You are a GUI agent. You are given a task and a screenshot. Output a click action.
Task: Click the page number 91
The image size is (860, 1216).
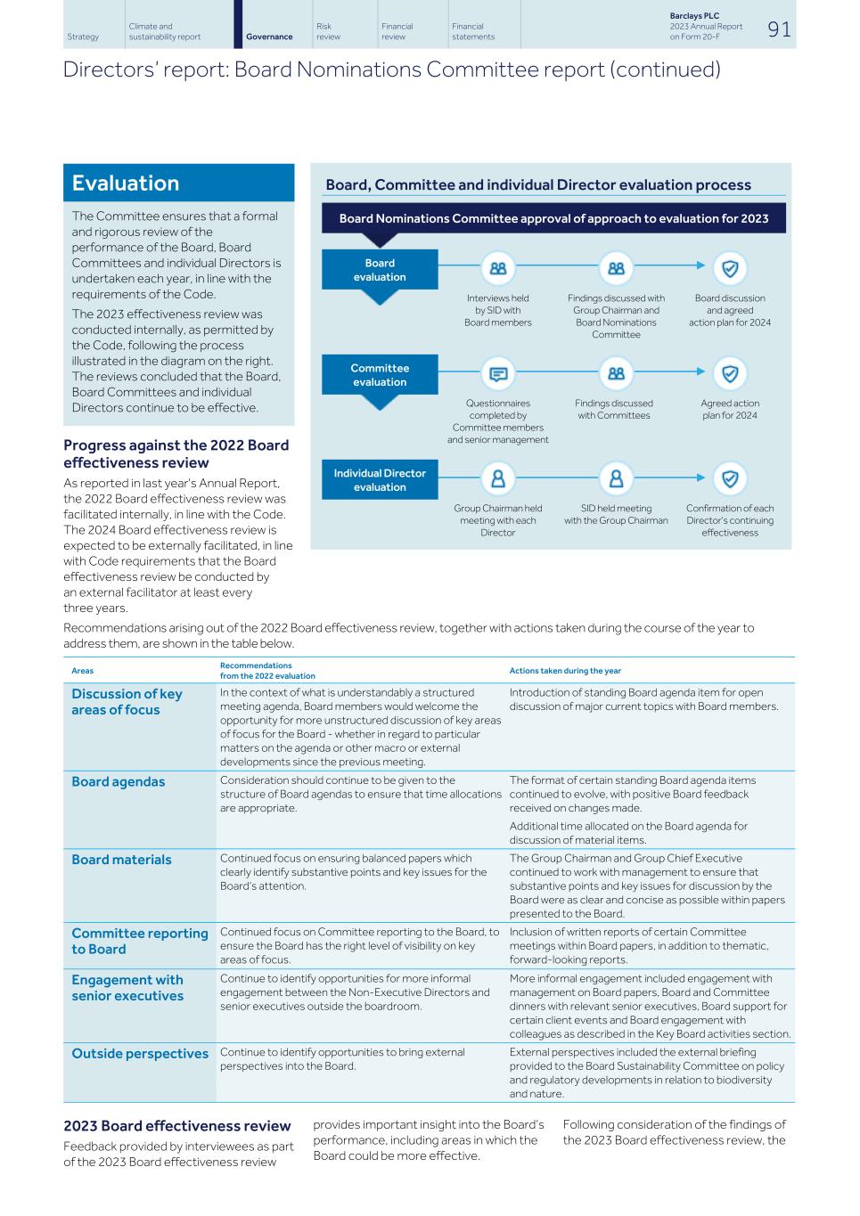pos(778,29)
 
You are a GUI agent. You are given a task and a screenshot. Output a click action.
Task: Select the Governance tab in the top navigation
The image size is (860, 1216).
pos(269,37)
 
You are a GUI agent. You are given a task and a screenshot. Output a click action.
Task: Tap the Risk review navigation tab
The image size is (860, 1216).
pos(328,31)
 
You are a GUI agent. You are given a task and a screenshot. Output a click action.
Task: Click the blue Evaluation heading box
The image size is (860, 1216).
pos(178,184)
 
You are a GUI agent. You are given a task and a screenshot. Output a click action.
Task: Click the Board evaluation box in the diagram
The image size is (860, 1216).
pos(380,270)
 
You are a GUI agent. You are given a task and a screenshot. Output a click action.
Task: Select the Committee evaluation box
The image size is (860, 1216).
pos(380,375)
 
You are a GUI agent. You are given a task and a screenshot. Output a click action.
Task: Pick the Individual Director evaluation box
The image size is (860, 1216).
pos(380,480)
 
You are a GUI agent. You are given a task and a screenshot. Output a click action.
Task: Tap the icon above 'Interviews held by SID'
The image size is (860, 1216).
pos(497,268)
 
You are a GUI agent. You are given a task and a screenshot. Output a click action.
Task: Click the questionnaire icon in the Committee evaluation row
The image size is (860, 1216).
pos(497,374)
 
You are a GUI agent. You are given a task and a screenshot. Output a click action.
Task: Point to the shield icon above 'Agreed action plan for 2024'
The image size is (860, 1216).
pos(730,374)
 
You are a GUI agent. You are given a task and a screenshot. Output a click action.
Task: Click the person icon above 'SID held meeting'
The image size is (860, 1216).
pos(616,478)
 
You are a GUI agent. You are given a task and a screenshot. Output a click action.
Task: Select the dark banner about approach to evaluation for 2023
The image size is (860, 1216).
pos(553,218)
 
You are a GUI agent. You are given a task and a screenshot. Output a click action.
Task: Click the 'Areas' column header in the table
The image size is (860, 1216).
pos(82,671)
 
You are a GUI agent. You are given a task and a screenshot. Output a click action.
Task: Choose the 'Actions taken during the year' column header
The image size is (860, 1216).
pos(565,671)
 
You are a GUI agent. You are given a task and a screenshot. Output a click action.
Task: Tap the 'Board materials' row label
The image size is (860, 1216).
pos(121,860)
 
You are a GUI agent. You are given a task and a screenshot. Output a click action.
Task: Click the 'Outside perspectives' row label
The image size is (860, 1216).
pos(140,1054)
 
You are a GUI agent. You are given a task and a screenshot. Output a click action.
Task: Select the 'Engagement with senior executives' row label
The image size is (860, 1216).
pos(127,988)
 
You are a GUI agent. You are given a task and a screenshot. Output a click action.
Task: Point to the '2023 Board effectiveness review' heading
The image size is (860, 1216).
pos(177,1126)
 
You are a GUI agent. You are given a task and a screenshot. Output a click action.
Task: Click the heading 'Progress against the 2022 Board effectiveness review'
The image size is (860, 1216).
pos(176,453)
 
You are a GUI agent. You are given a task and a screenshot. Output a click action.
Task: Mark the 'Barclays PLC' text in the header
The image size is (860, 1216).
pos(694,16)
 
